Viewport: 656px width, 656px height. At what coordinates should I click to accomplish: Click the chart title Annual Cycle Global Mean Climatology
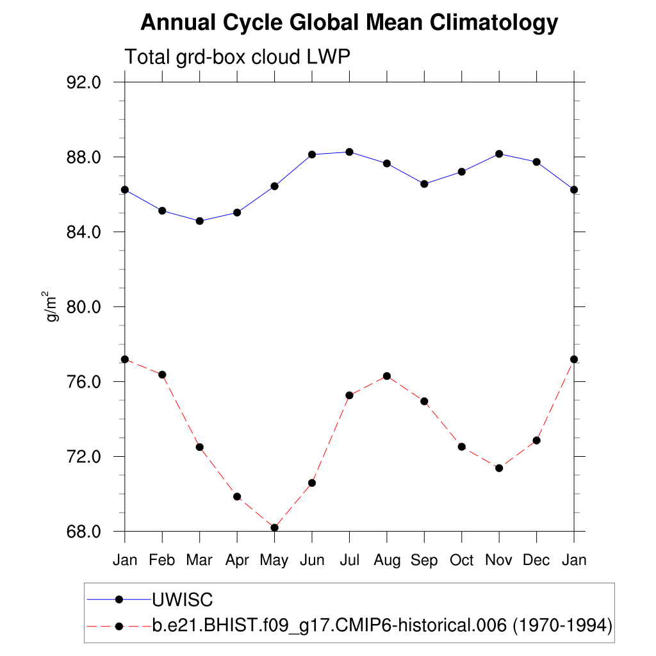tap(349, 23)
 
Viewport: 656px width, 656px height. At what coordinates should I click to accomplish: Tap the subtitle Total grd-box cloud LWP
tap(237, 57)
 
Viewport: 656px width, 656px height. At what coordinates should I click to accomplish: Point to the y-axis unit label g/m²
tap(51, 306)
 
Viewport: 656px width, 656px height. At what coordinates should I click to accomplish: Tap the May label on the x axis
tap(274, 561)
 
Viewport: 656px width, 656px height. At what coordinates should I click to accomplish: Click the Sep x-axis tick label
tap(424, 561)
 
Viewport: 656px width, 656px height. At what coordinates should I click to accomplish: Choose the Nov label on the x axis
tap(499, 561)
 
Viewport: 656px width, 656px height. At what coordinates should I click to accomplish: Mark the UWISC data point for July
tap(349, 152)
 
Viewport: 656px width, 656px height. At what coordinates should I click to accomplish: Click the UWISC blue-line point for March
tap(199, 221)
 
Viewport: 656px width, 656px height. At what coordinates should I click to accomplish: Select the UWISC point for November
tap(499, 154)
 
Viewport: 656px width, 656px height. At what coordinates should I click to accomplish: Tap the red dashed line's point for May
tap(274, 528)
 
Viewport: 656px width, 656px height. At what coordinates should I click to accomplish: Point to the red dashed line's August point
tap(387, 376)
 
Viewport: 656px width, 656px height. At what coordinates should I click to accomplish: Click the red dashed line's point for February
tap(162, 375)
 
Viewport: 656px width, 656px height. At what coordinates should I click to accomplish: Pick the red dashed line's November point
tap(499, 468)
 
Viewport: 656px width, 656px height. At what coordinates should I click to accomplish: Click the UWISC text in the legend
tap(182, 600)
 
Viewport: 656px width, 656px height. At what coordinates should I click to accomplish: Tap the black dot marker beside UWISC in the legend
tap(119, 600)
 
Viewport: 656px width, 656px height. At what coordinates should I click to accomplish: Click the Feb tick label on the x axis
tap(162, 561)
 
